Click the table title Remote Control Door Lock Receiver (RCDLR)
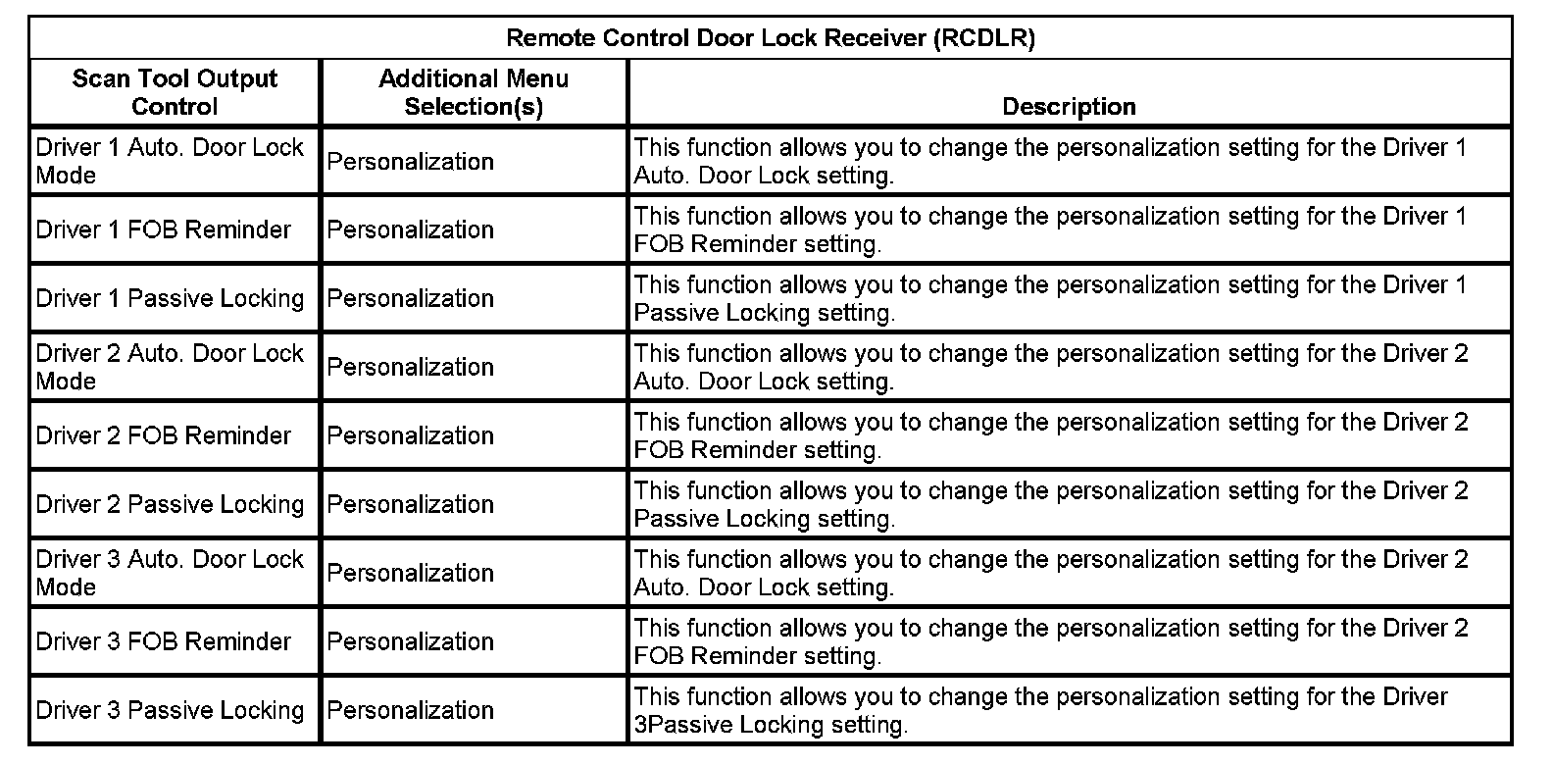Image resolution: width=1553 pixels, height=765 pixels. (770, 38)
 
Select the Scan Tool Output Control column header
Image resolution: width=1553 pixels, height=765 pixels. (175, 92)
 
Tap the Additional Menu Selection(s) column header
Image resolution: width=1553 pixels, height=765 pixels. (474, 92)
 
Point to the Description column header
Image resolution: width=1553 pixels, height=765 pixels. (1069, 106)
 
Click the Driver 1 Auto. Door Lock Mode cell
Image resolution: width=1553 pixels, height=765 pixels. (170, 161)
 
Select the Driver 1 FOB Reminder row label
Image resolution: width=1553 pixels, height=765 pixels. (164, 229)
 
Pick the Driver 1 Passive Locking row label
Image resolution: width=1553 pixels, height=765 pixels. (170, 298)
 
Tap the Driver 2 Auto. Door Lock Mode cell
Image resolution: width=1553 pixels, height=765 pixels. (170, 367)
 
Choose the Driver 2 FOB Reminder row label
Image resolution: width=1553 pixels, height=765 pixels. (164, 435)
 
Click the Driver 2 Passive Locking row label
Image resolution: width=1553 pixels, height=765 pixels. (170, 504)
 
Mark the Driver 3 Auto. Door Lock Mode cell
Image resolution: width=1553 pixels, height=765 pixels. (170, 573)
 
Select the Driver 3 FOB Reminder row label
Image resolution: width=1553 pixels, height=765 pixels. (164, 641)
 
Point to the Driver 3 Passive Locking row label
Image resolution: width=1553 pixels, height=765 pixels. (170, 710)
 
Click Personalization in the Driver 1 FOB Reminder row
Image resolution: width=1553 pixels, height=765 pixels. (411, 229)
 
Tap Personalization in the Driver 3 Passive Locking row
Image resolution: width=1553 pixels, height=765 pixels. (411, 710)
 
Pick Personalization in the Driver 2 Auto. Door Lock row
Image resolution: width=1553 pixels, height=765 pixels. (411, 367)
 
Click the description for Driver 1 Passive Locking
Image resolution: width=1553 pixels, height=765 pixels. (1049, 298)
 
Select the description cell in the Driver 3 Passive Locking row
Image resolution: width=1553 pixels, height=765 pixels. (1039, 710)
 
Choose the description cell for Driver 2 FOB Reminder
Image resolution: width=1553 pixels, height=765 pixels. (1049, 435)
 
